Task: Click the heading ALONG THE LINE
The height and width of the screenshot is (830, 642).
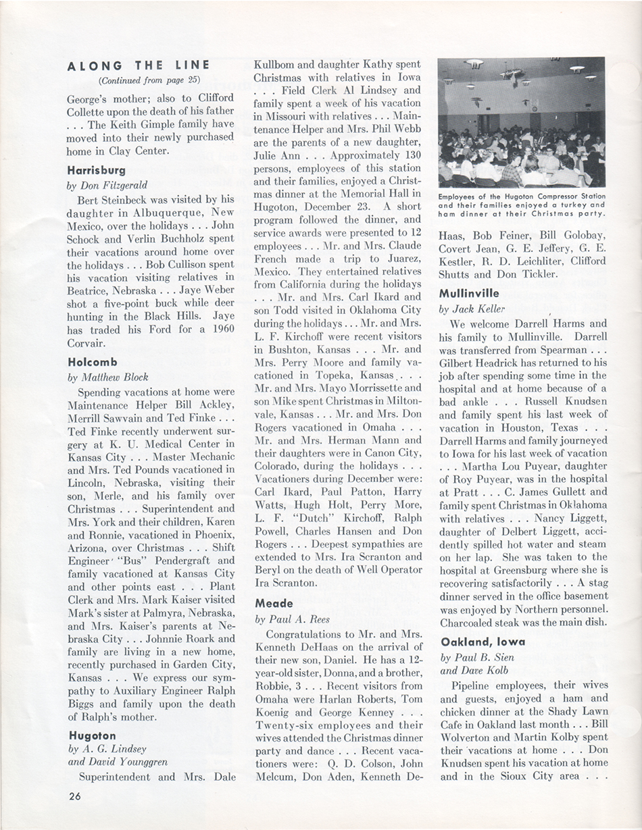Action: (139, 66)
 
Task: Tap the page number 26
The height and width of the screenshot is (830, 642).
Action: (75, 796)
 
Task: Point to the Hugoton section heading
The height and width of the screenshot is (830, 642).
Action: (92, 735)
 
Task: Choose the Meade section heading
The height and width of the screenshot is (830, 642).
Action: (274, 603)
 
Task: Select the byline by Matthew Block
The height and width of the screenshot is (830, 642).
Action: (107, 377)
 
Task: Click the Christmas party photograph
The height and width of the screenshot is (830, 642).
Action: (521, 122)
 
